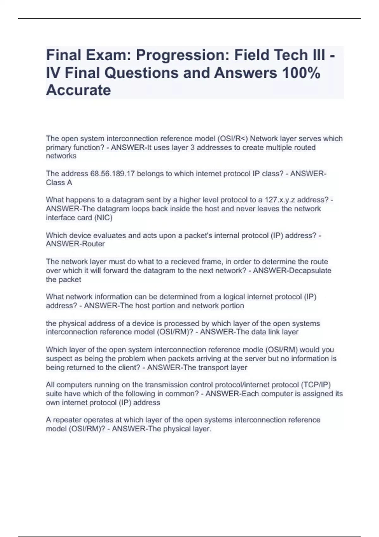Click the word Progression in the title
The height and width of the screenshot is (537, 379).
[x=181, y=56]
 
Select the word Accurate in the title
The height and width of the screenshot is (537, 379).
[x=78, y=90]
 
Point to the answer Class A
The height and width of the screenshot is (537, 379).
[x=59, y=183]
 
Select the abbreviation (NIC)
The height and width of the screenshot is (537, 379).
[x=103, y=218]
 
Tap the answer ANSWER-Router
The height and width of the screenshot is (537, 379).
[x=75, y=244]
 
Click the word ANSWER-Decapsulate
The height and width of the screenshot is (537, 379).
[x=292, y=271]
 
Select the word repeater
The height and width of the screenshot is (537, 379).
[x=67, y=420]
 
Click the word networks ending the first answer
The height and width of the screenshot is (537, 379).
[x=61, y=156]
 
